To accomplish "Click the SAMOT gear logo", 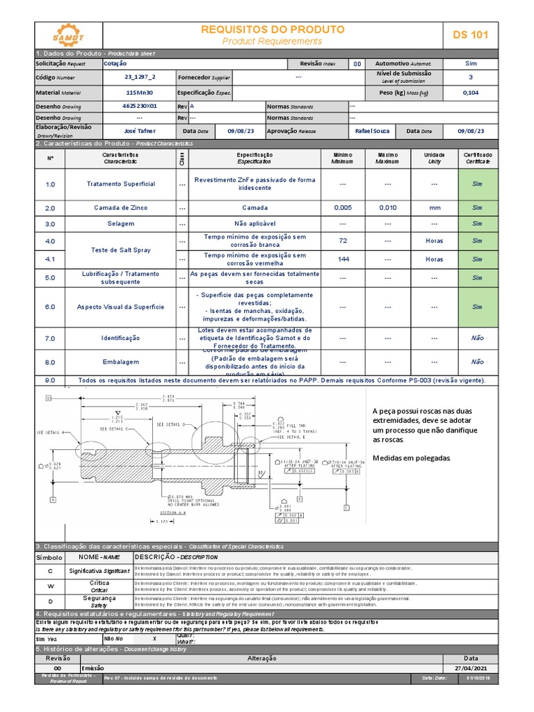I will coord(68,34).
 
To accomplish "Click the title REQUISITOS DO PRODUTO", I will coord(273,29).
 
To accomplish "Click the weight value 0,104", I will coord(471,92).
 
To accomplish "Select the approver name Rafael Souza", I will coord(373,131).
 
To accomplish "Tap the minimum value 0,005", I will coord(343,208).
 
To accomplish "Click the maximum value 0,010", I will coord(388,208).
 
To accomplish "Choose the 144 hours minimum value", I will coord(343,259).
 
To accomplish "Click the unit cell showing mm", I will coord(434,208).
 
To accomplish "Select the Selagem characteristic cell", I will coord(120,225).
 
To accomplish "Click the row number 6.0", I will coord(50,307).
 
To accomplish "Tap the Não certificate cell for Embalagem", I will coord(477,362).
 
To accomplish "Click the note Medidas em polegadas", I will coord(412,458).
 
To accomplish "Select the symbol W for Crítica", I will coord(50,585).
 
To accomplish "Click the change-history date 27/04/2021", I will coord(471,667).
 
